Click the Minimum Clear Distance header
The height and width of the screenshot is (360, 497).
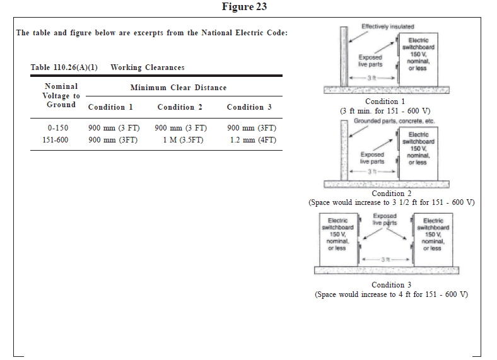coord(178,88)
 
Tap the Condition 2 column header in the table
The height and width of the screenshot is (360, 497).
coord(180,107)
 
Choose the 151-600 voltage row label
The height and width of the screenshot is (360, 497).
coord(56,140)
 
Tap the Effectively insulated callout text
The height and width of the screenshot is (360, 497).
coord(387,26)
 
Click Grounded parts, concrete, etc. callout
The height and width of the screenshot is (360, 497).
coord(394,120)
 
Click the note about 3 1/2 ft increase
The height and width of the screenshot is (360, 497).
coord(391,202)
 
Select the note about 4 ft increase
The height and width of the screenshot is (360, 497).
coord(391,294)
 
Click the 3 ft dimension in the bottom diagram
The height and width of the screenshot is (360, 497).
coord(385,259)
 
